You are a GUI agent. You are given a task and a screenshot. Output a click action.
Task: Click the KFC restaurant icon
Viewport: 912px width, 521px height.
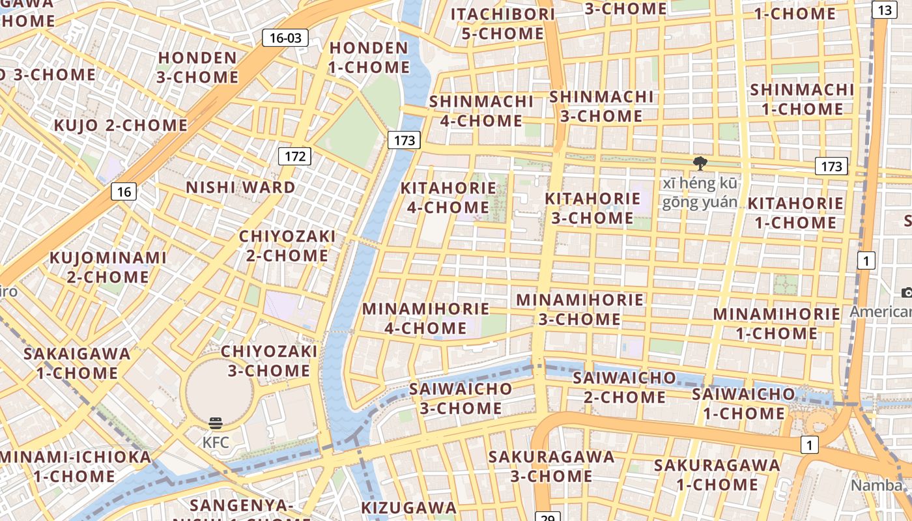(x=216, y=424)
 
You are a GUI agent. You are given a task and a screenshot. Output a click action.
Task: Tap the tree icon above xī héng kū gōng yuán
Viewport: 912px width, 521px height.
(x=700, y=163)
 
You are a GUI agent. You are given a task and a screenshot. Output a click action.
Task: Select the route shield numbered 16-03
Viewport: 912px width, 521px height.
(x=285, y=38)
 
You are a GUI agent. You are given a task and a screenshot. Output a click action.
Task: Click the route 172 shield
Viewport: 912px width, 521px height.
(x=295, y=156)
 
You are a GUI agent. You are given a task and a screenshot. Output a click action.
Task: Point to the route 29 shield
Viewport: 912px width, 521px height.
(x=548, y=517)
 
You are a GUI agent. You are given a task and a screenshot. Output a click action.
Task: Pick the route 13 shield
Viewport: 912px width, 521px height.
(x=884, y=10)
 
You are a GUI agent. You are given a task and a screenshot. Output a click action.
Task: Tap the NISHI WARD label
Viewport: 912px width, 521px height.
(x=241, y=188)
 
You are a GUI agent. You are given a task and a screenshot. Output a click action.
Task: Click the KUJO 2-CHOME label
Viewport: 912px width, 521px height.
(x=121, y=125)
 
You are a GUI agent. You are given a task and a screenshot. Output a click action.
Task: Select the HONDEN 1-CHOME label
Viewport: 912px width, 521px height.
(x=369, y=57)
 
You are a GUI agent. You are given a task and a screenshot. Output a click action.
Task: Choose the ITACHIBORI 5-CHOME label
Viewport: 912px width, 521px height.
(x=503, y=23)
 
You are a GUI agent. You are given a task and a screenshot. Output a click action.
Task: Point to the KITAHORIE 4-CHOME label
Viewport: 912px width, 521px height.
(x=448, y=197)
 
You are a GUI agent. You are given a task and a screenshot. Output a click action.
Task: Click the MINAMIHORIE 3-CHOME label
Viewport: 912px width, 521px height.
(x=580, y=309)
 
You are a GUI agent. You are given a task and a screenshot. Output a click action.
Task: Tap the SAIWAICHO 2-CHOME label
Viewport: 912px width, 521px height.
(x=625, y=387)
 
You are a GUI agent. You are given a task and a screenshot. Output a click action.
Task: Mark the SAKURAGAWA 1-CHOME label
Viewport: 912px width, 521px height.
(x=717, y=475)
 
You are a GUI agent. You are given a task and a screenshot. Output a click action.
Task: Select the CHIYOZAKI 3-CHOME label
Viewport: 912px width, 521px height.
(x=269, y=361)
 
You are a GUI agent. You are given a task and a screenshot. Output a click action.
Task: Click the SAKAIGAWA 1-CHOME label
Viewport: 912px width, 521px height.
(x=77, y=363)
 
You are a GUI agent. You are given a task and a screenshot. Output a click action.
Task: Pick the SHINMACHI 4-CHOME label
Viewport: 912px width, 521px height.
(x=481, y=111)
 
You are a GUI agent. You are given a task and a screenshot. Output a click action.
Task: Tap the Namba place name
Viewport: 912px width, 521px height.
(x=877, y=485)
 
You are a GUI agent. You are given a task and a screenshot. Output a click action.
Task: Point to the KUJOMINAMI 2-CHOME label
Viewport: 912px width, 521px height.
(x=108, y=267)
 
